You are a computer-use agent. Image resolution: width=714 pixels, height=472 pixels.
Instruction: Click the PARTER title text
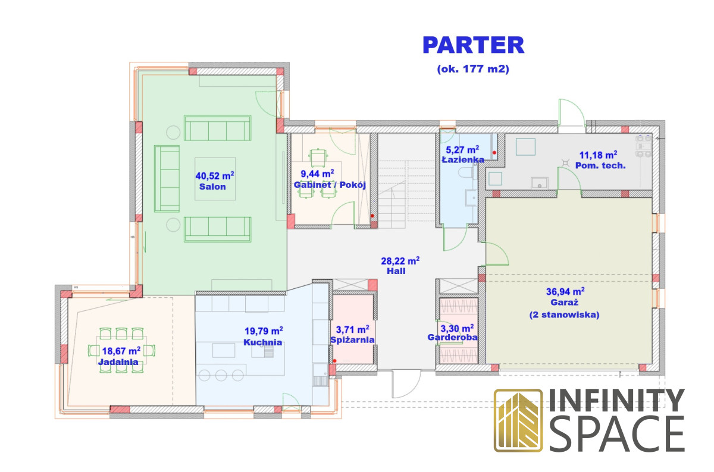pos(474,45)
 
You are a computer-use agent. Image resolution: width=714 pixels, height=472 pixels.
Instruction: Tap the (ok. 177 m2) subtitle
pos(473,69)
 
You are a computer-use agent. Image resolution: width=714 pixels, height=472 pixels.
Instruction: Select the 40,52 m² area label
pos(215,175)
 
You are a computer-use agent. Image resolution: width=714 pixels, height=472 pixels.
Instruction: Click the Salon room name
pos(212,187)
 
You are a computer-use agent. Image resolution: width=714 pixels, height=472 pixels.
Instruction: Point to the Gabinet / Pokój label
pos(330,185)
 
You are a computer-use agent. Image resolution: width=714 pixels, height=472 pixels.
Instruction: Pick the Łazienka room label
pos(463,159)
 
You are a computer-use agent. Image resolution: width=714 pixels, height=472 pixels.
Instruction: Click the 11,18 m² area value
pos(599,155)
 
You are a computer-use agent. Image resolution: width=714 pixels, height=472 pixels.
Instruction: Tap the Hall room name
pos(396,271)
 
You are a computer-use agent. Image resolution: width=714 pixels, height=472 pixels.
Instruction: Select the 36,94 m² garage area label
pos(565,291)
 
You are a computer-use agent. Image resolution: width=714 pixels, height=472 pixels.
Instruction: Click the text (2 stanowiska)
pos(565,314)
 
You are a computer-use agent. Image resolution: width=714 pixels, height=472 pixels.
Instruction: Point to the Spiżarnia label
pos(352,340)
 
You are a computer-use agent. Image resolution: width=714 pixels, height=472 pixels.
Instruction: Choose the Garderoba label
pos(453,337)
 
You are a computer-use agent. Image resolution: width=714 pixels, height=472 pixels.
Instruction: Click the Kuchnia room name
pos(263,342)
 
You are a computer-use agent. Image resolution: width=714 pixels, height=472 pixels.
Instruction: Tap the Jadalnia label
pos(118,362)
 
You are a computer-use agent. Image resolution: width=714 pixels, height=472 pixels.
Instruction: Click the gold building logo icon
pos(518,420)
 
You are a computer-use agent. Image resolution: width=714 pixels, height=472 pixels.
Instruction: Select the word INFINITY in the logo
pos(617,400)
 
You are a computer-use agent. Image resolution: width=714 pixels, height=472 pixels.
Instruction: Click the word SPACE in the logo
pos(617,433)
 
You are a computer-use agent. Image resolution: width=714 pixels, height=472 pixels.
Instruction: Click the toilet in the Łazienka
pos(467,172)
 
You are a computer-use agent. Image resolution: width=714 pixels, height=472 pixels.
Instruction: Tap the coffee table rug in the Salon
pos(215,179)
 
